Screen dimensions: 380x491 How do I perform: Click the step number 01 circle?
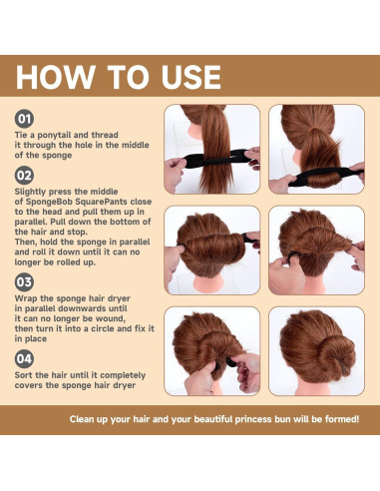(24, 119)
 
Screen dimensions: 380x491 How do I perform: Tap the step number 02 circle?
(24, 176)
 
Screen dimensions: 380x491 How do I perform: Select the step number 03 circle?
(24, 282)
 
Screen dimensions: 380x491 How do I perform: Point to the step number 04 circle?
(24, 359)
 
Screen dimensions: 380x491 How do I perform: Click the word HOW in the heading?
(56, 77)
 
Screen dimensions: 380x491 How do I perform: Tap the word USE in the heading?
(191, 77)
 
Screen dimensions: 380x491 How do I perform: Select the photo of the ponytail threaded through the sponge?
(211, 149)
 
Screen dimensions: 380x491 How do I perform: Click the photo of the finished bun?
(316, 351)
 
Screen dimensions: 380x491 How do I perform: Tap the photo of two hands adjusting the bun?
(211, 351)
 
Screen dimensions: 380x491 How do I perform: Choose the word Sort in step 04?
(24, 375)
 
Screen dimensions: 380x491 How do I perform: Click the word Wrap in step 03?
(26, 298)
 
